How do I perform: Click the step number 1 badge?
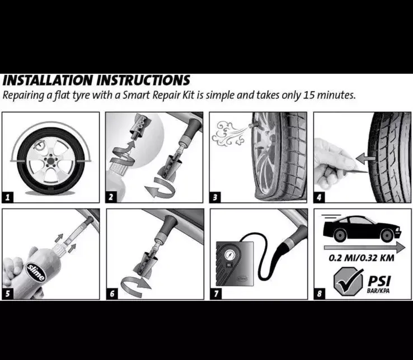click(7, 197)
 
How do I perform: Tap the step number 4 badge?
click(318, 197)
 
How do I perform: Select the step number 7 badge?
click(215, 293)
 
